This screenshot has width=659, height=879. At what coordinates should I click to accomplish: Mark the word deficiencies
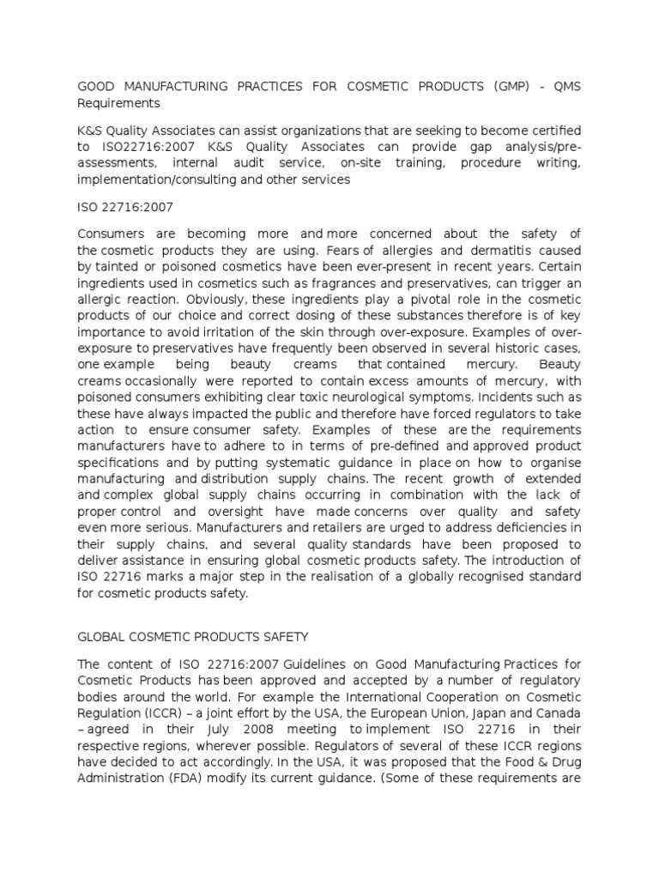pos(532,527)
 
